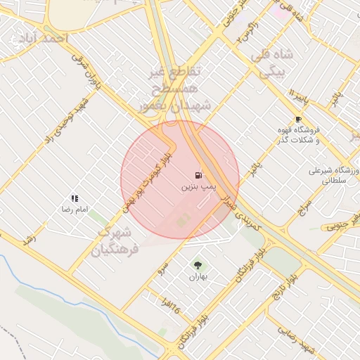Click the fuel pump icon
pos(198,174)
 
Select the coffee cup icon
pos(298,119)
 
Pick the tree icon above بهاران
pos(198,265)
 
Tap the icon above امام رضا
pos(75,199)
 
